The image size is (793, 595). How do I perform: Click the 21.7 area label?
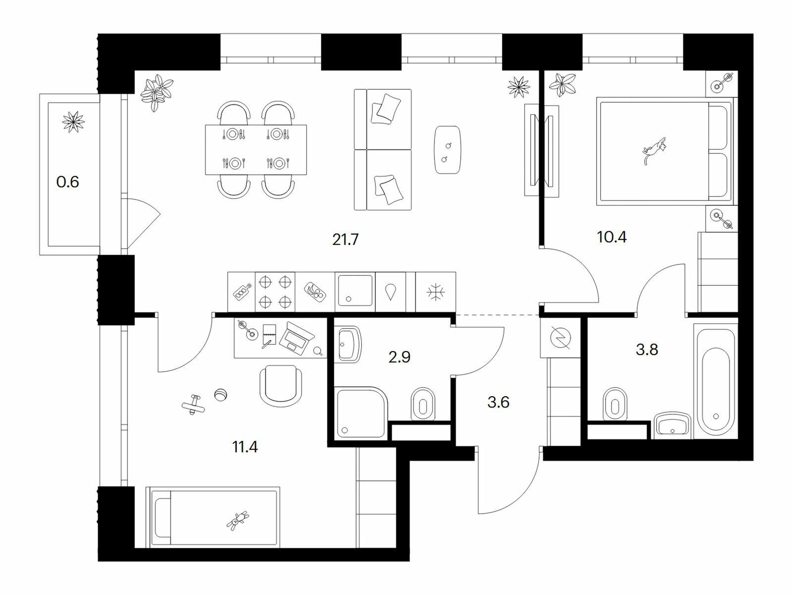[345, 239]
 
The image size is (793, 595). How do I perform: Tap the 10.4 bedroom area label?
[612, 237]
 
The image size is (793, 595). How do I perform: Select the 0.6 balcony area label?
[67, 181]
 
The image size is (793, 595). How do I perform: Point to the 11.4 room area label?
[245, 447]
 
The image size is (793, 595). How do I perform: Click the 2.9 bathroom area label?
[399, 357]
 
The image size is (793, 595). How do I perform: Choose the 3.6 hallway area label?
[498, 402]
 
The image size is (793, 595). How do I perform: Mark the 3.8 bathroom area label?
[647, 350]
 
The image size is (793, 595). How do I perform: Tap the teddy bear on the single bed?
[238, 520]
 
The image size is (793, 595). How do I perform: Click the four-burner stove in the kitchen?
[275, 292]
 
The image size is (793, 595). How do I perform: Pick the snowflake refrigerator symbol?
[435, 292]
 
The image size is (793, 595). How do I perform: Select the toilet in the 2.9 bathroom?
[423, 404]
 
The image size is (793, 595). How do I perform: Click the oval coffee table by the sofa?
[448, 150]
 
